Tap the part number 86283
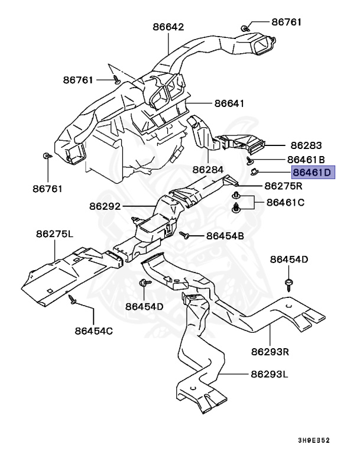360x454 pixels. coord(306,145)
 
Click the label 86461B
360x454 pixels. coord(306,159)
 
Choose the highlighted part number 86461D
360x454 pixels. coord(313,173)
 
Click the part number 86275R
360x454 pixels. coord(283,186)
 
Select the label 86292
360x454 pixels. coord(105,207)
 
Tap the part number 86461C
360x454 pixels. coord(285,202)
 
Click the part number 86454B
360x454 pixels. coord(225,236)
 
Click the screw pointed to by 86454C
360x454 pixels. coord(72,300)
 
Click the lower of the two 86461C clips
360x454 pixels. coord(236,207)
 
